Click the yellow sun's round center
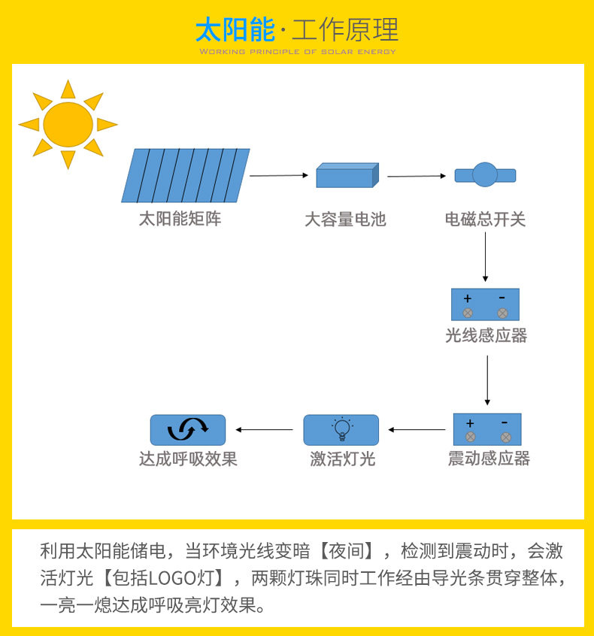[x=68, y=124]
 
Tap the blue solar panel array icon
[x=186, y=175]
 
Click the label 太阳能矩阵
[x=180, y=220]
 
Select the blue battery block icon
[x=347, y=176]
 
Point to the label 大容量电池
[x=345, y=220]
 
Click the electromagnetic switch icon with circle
[x=485, y=175]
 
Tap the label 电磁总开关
[x=485, y=220]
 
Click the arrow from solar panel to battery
[x=279, y=175]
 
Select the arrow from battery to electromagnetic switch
[x=417, y=176]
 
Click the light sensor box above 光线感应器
[x=485, y=304]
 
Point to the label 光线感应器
[x=486, y=335]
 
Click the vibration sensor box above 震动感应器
[x=487, y=429]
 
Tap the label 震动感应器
[x=489, y=459]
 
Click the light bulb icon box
[x=341, y=430]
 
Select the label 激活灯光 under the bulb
[x=342, y=459]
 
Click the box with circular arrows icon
[x=188, y=430]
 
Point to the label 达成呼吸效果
[x=188, y=459]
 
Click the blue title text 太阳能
[x=235, y=30]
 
